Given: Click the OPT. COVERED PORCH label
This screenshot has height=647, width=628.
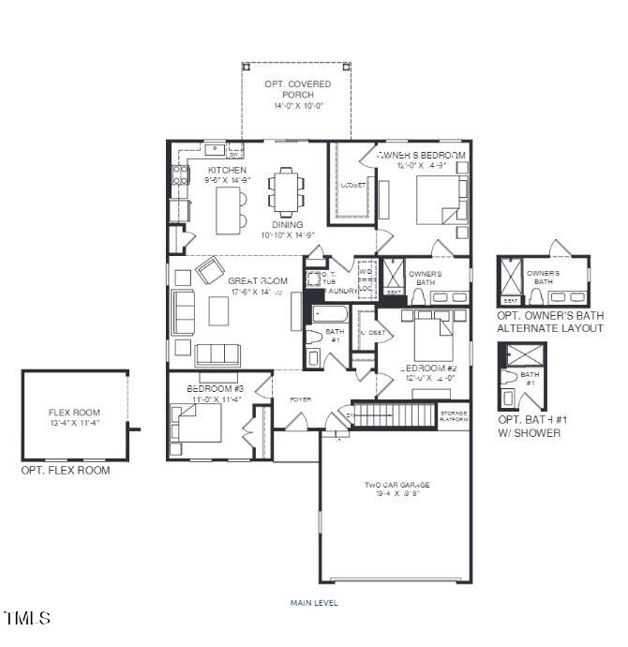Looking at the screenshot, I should [x=298, y=95].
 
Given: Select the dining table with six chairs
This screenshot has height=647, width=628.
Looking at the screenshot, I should [x=287, y=191].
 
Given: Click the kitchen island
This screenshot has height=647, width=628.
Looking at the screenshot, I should [x=228, y=210].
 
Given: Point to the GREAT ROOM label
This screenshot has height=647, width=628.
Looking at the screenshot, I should [x=257, y=280].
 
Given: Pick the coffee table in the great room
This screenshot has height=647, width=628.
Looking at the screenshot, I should [x=218, y=310].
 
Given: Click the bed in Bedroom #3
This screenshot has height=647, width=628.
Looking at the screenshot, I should [x=198, y=422].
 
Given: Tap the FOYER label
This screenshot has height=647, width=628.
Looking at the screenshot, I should [x=300, y=399].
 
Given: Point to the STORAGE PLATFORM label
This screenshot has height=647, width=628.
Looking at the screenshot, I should [x=454, y=415].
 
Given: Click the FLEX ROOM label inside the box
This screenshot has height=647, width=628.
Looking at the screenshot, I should [x=74, y=417].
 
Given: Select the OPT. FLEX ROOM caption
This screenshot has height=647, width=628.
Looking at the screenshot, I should [x=65, y=470].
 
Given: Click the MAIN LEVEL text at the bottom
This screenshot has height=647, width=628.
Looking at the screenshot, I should [x=314, y=603].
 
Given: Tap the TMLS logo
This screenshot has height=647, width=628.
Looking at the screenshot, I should [x=27, y=618].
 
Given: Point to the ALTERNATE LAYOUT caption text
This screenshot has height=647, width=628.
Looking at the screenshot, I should [x=550, y=328].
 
